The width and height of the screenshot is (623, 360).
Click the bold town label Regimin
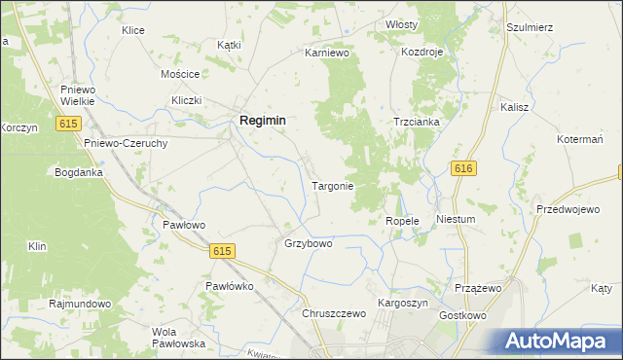click(x=262, y=120)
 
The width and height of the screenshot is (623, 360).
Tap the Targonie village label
click(x=332, y=185)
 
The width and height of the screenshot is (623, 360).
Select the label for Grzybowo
click(x=308, y=243)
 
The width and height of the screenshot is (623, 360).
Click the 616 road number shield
click(x=463, y=169)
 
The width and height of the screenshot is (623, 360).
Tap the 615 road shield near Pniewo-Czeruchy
click(x=67, y=124)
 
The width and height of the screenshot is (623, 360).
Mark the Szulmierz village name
click(x=530, y=27)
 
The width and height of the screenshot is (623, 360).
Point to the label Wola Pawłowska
click(x=177, y=338)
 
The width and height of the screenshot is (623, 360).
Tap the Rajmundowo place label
click(x=80, y=304)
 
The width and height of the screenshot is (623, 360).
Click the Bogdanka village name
click(x=79, y=172)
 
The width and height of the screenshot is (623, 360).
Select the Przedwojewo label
click(x=567, y=209)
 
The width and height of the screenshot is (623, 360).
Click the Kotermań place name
click(x=582, y=140)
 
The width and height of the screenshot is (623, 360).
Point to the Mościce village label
click(x=180, y=74)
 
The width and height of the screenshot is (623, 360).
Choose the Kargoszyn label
click(x=402, y=304)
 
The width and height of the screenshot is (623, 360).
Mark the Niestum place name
click(x=456, y=219)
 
